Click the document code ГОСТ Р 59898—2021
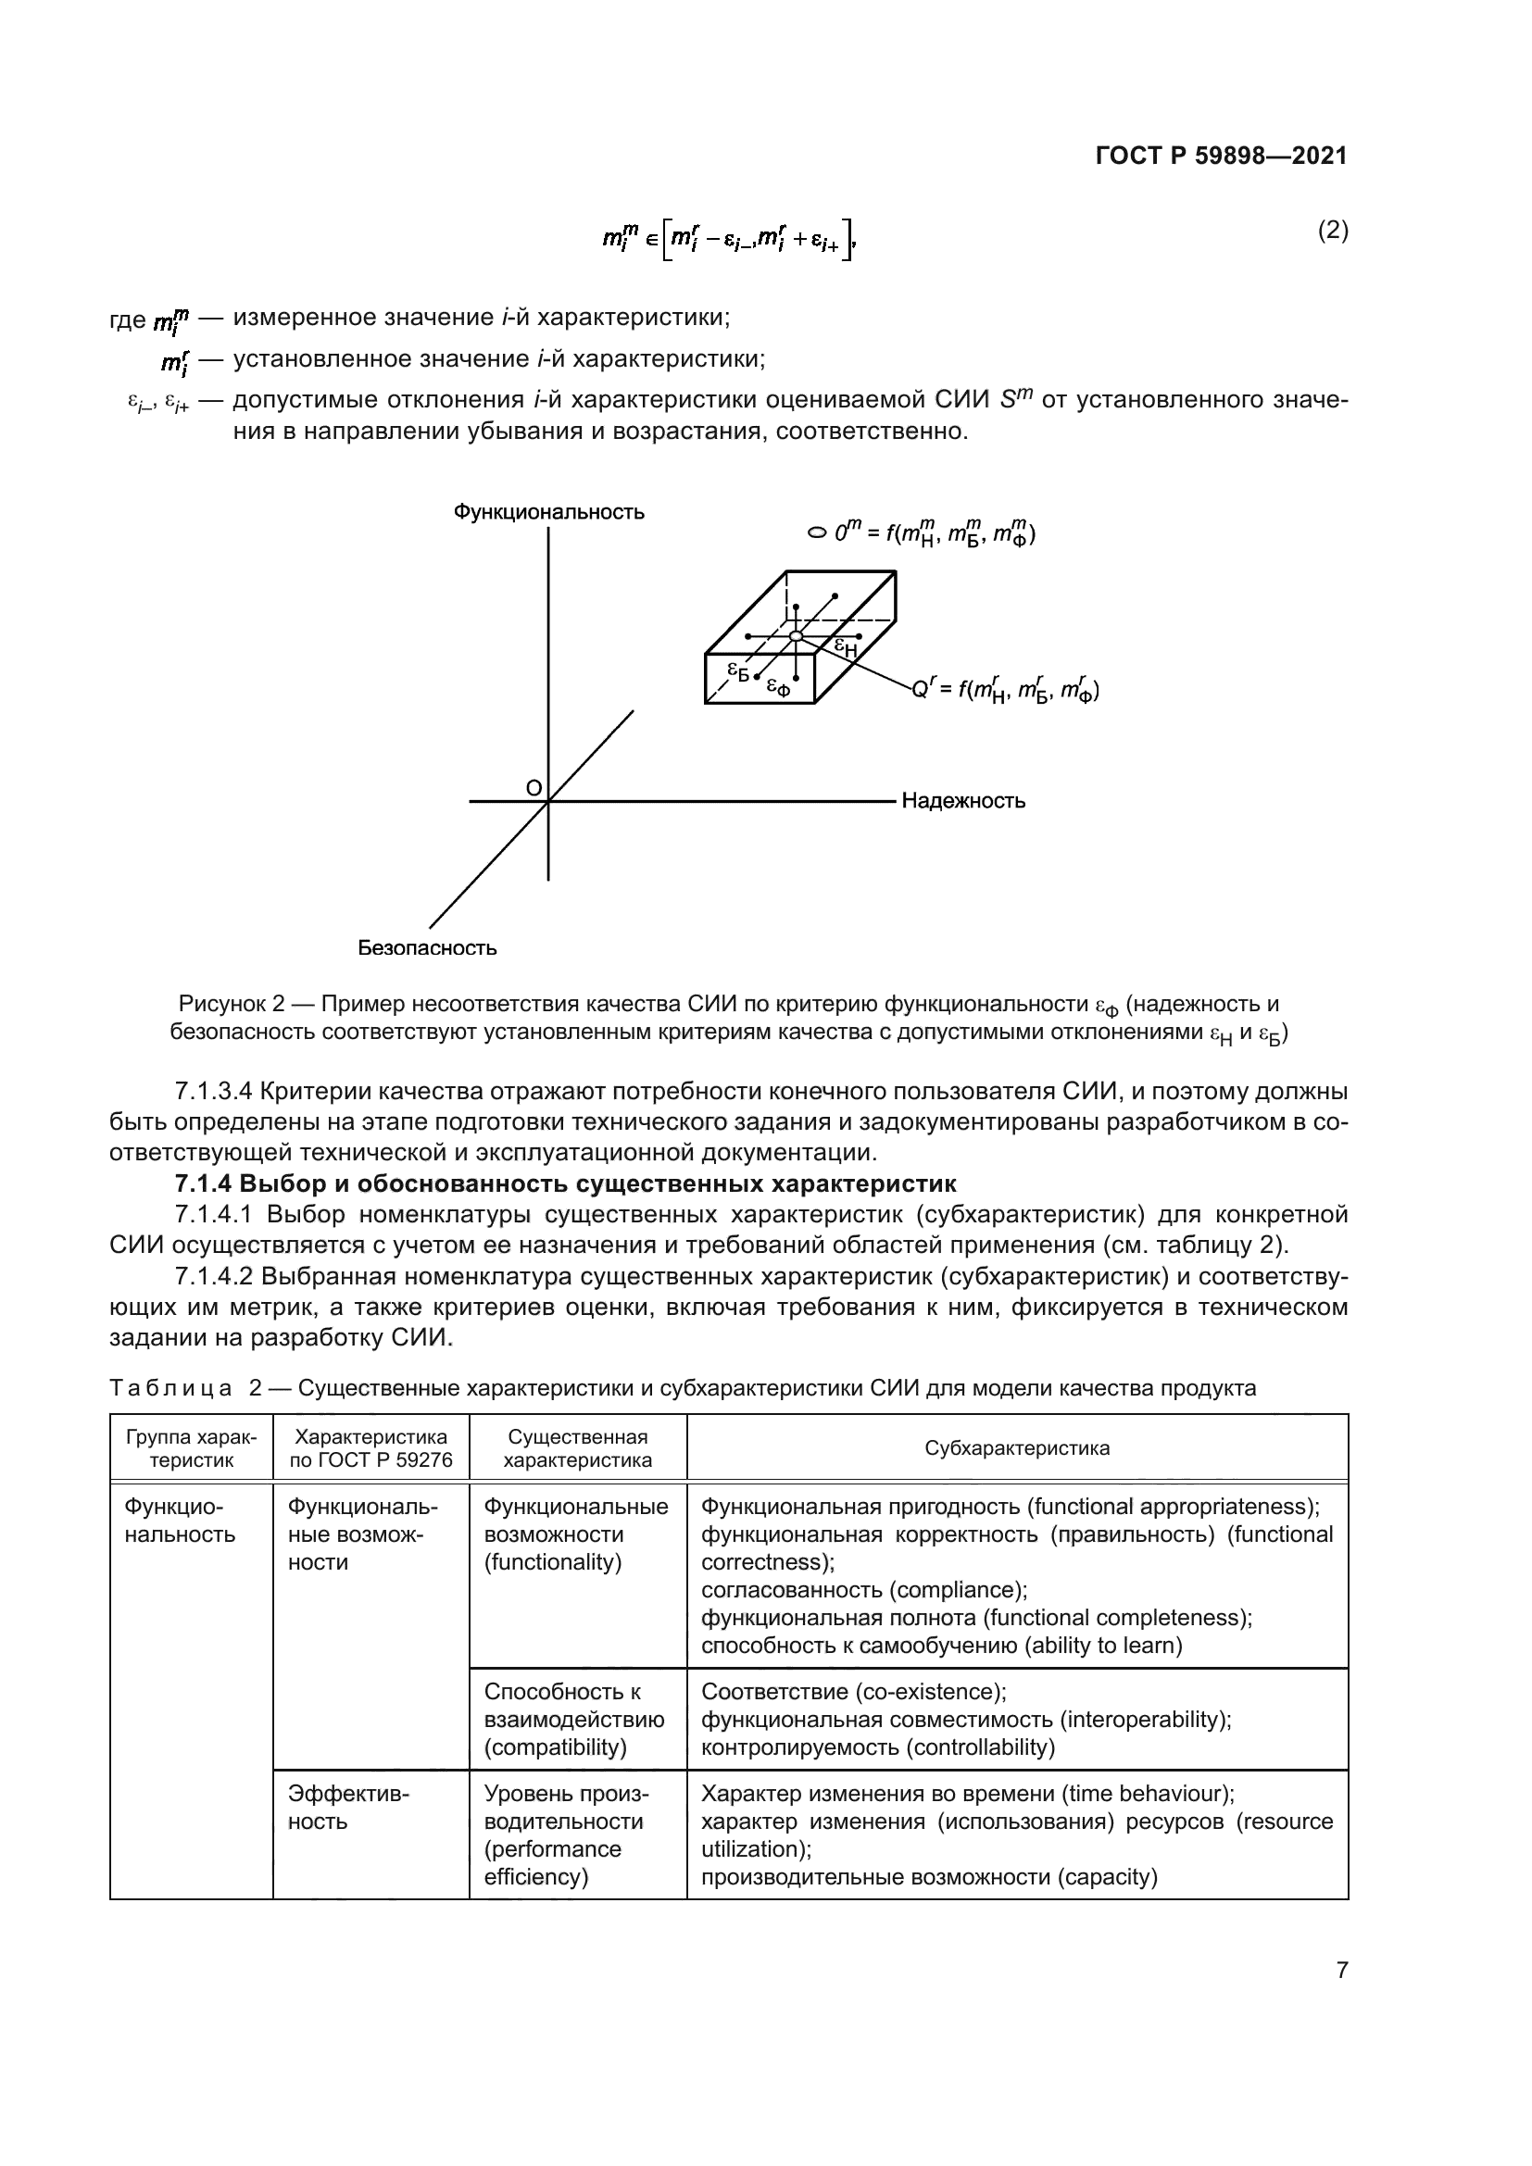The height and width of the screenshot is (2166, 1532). coord(1221,157)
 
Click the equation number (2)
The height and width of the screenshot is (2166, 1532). coord(1332,231)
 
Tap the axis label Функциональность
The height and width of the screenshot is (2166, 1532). coord(549,512)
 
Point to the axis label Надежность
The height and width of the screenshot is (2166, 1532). coord(963,801)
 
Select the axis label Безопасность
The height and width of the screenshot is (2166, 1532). coord(427,947)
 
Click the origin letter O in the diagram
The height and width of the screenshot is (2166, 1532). coord(533,788)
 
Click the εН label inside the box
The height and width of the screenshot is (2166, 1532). coord(847,647)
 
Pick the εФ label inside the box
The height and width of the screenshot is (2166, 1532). coord(777,687)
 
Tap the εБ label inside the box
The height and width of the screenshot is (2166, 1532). coord(736,670)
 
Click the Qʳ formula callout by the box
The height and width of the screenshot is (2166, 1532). coord(1005,691)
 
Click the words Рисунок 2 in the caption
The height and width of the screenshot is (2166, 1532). coord(232,1004)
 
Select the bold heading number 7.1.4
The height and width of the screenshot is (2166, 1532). coord(203,1183)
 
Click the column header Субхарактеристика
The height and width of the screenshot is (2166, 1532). coord(1017,1448)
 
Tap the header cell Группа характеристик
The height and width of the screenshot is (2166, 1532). coord(192,1448)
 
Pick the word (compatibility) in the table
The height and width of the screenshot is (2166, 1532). coord(555,1747)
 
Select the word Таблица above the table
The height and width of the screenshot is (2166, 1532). coord(170,1388)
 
